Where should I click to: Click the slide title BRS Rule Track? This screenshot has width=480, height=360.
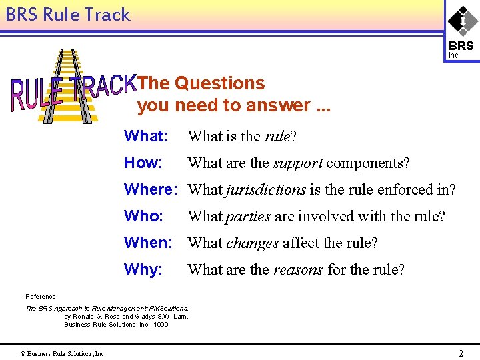click(x=67, y=15)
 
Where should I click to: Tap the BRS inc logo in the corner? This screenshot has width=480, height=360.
click(x=462, y=31)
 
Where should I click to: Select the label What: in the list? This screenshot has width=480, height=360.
click(x=145, y=136)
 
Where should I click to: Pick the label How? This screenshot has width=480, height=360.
click(x=143, y=163)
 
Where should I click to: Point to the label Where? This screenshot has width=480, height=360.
click(x=151, y=189)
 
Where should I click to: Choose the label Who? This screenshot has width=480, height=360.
click(x=143, y=216)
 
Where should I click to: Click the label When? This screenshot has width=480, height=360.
click(x=148, y=243)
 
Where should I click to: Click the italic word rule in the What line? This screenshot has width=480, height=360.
click(x=277, y=137)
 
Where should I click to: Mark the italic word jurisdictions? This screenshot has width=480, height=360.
click(x=265, y=190)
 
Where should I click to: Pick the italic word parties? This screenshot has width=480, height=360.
click(x=248, y=217)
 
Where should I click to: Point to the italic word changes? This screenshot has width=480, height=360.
click(x=252, y=243)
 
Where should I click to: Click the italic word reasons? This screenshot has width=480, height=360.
click(x=298, y=270)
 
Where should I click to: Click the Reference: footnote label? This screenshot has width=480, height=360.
click(x=41, y=296)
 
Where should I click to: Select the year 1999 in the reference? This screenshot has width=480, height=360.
click(x=161, y=325)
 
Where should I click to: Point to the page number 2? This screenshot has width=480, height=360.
click(x=461, y=353)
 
